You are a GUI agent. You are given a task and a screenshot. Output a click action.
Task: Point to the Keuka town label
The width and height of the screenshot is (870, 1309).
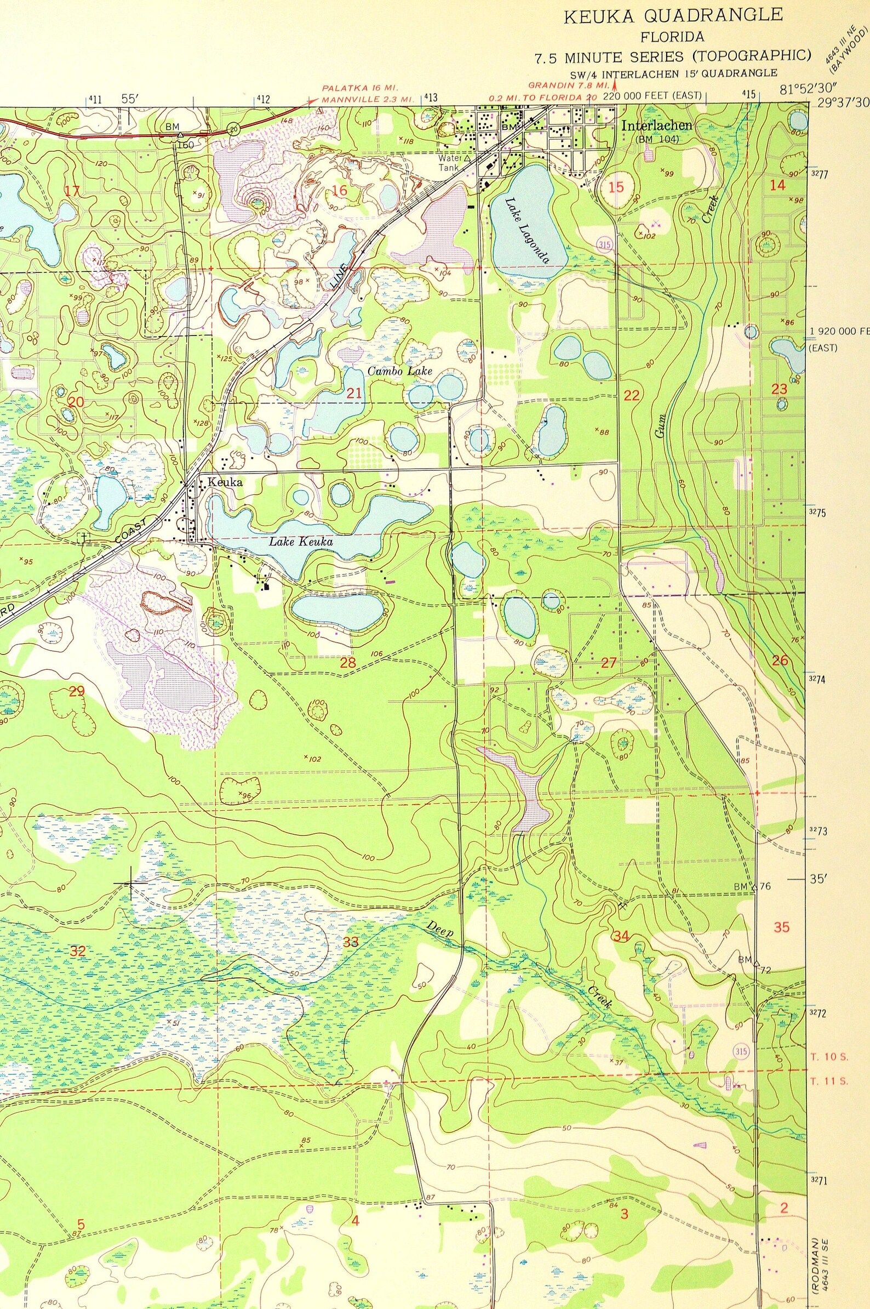[x=225, y=482]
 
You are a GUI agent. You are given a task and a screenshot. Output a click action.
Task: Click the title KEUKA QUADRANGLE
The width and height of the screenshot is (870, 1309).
[x=673, y=16]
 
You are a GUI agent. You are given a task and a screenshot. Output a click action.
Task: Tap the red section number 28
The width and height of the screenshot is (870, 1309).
[x=348, y=662]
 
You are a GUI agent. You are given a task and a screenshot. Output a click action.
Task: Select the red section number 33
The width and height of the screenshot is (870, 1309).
[x=351, y=942]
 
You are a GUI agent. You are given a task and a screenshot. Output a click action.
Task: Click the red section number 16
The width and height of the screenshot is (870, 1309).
[x=340, y=191]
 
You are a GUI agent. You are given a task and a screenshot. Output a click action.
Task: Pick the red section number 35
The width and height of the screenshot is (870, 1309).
[x=781, y=927]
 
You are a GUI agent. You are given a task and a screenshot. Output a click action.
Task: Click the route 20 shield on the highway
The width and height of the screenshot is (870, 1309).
[x=233, y=129]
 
